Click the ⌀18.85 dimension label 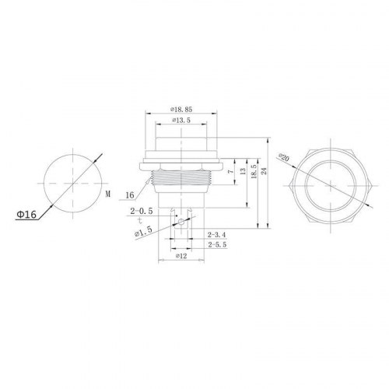181,110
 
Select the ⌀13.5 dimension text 181,121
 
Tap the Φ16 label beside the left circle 26,215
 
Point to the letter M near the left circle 108,194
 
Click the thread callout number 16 130,195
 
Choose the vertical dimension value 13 243,171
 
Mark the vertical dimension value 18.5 254,171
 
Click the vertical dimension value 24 264,171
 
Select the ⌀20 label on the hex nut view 283,157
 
